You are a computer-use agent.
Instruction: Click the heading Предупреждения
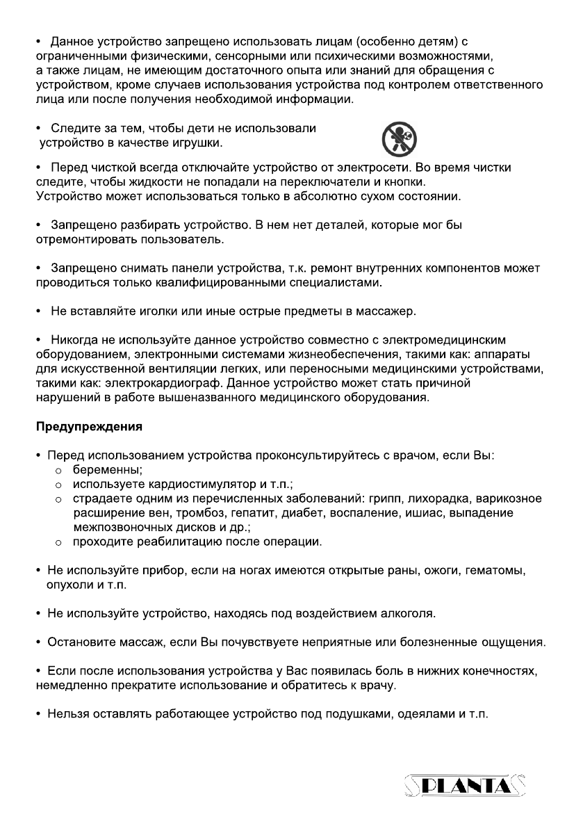[x=89, y=427]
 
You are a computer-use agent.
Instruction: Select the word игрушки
[x=198, y=143]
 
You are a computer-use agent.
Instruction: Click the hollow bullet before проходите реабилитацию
[x=59, y=542]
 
